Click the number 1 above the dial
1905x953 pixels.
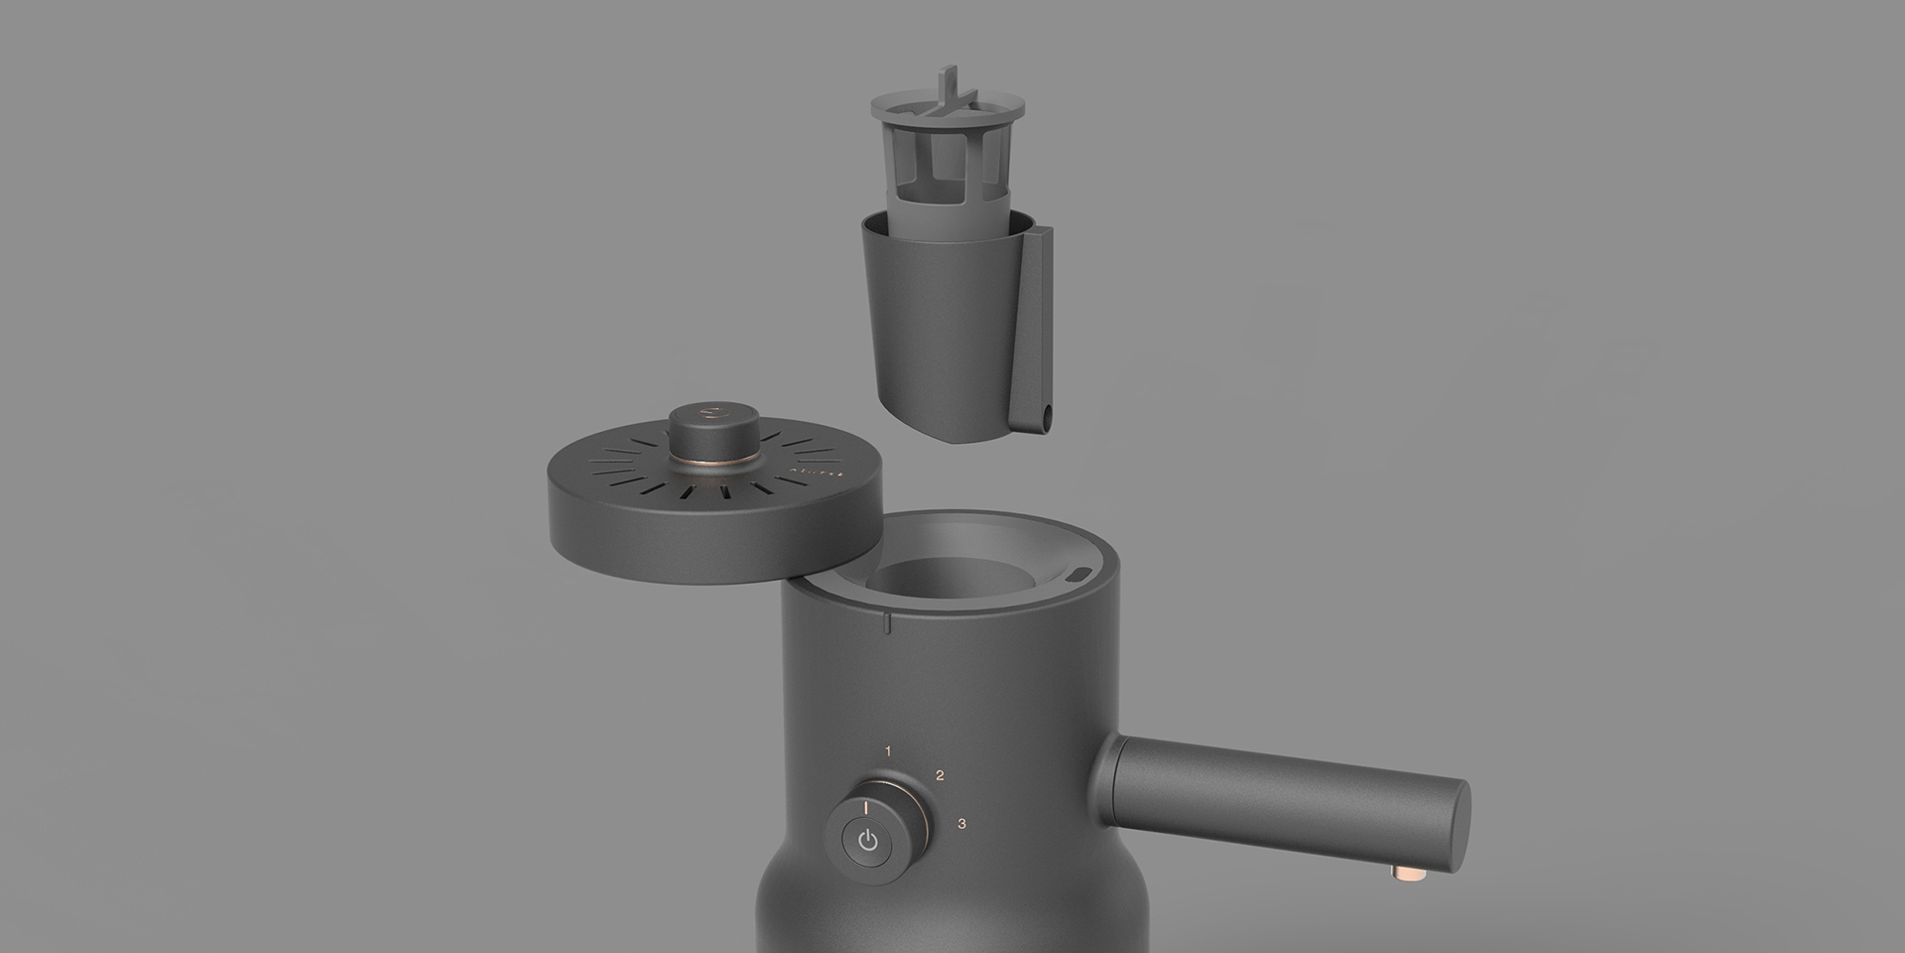click(888, 751)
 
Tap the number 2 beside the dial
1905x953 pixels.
click(940, 775)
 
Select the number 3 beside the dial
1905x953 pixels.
click(961, 823)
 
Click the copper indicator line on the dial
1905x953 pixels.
click(867, 807)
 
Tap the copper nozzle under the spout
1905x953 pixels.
click(1407, 873)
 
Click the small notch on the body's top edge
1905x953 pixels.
click(888, 622)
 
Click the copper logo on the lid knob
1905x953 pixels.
click(708, 408)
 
